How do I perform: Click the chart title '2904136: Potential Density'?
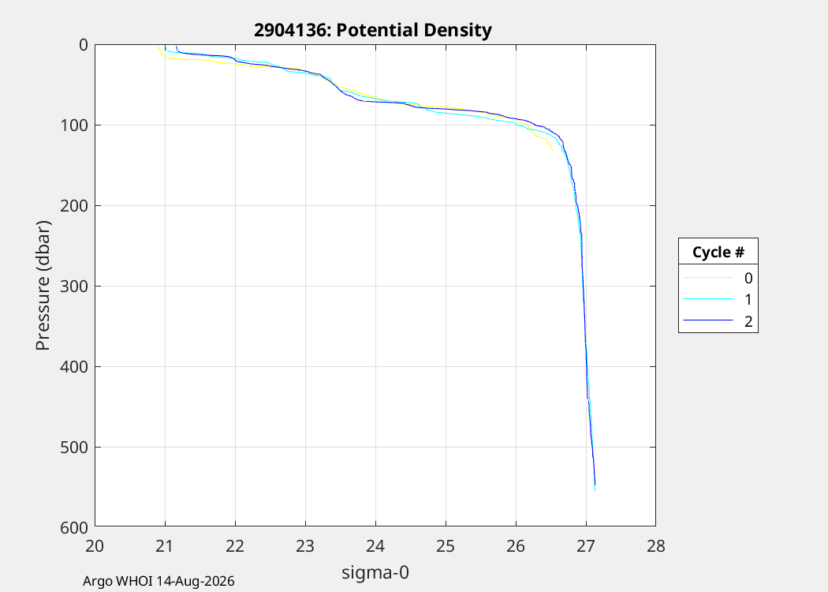(373, 30)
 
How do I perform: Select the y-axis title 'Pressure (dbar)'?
(43, 286)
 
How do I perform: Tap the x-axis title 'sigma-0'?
(375, 572)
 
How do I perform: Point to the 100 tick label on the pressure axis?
(73, 126)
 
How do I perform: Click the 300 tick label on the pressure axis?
(73, 286)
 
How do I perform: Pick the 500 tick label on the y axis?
(73, 448)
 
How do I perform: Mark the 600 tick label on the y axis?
(73, 527)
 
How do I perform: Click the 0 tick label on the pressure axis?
(84, 45)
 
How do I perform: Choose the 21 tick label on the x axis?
(165, 545)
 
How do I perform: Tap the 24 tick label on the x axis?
(375, 545)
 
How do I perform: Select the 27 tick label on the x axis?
(586, 545)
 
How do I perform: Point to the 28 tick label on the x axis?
(656, 545)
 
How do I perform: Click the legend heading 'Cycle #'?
(718, 252)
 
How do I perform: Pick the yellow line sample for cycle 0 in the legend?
(708, 278)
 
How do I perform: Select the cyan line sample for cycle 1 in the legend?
(708, 299)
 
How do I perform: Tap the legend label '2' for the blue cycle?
(748, 321)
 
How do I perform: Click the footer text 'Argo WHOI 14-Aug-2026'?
(159, 581)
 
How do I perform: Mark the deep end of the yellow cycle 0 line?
(552, 151)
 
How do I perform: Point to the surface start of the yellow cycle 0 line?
(158, 46)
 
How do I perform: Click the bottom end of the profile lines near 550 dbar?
(595, 490)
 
